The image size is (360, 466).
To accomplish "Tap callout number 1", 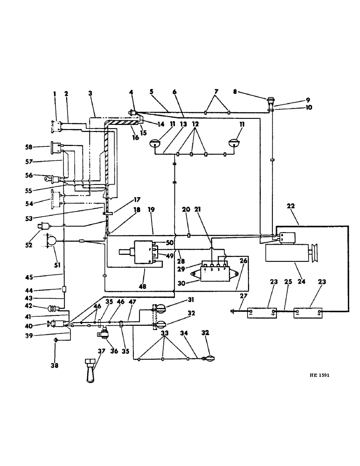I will pyautogui.click(x=55, y=94).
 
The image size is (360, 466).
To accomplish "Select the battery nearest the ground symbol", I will pyautogui.click(x=262, y=312).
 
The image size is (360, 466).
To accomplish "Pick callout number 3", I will pyautogui.click(x=90, y=94).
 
